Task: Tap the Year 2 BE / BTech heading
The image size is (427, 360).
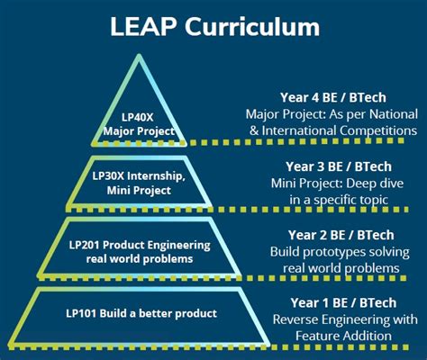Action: coord(335,237)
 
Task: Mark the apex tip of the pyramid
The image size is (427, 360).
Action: coord(140,57)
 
